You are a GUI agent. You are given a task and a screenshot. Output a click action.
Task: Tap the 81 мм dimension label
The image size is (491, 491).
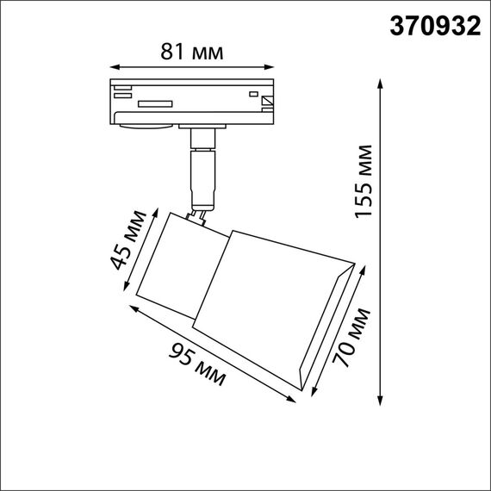pyautogui.click(x=192, y=52)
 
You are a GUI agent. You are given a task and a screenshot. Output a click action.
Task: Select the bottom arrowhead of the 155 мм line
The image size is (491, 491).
pyautogui.click(x=381, y=399)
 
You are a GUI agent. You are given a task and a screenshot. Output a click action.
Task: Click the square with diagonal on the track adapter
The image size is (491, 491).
pyautogui.click(x=267, y=102)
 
